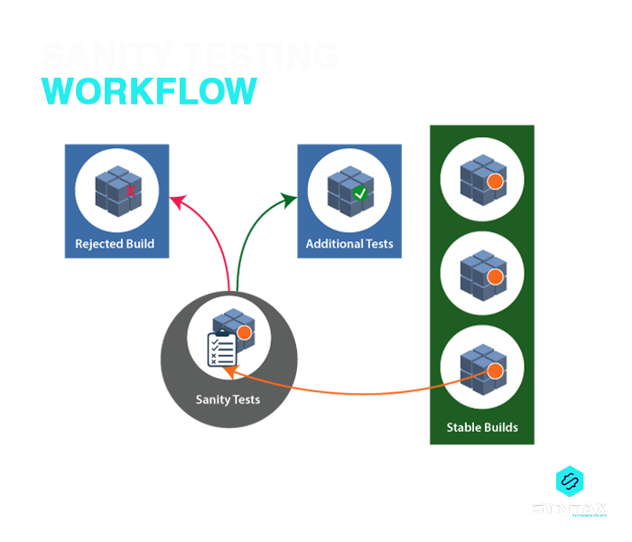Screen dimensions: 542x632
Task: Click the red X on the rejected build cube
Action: pos(130,192)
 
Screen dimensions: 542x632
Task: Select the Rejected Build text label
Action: pos(115,244)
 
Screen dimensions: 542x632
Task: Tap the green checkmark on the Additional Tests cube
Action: pos(360,193)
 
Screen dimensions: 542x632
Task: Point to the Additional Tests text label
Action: pos(349,244)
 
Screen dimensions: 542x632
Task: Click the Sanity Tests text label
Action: pos(228,399)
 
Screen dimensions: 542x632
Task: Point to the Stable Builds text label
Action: pos(482,427)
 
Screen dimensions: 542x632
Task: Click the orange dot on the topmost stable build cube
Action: pos(494,182)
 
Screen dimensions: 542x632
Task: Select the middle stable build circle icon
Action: pos(482,269)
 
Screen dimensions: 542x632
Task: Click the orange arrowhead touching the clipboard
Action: pos(229,370)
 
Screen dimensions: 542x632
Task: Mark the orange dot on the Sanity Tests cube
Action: pos(243,333)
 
